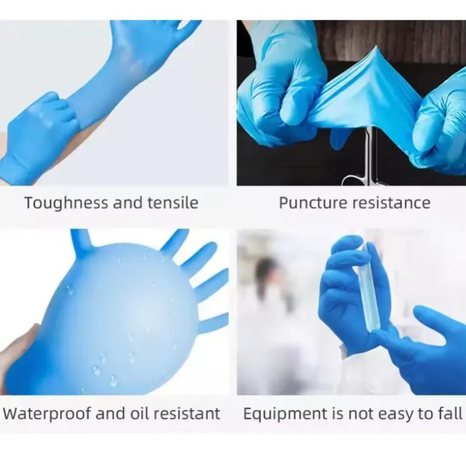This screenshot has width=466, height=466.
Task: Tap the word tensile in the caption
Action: pyautogui.click(x=173, y=203)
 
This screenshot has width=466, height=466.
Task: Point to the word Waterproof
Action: pyautogui.click(x=43, y=413)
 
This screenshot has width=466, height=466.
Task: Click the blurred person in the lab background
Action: pyautogui.click(x=269, y=294)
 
